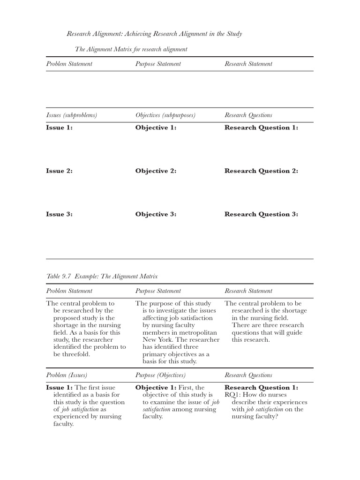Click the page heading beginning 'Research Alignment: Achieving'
(154, 34)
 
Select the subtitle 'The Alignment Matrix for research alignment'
(131, 49)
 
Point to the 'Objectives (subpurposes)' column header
(165, 115)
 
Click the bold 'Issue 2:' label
(59, 171)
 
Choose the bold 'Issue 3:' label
(59, 214)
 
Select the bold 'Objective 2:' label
(156, 171)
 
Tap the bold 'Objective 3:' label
(156, 214)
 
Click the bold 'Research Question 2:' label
(261, 171)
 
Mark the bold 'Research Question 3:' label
(261, 214)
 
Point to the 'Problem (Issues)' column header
(66, 375)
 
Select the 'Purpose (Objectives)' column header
(160, 375)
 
